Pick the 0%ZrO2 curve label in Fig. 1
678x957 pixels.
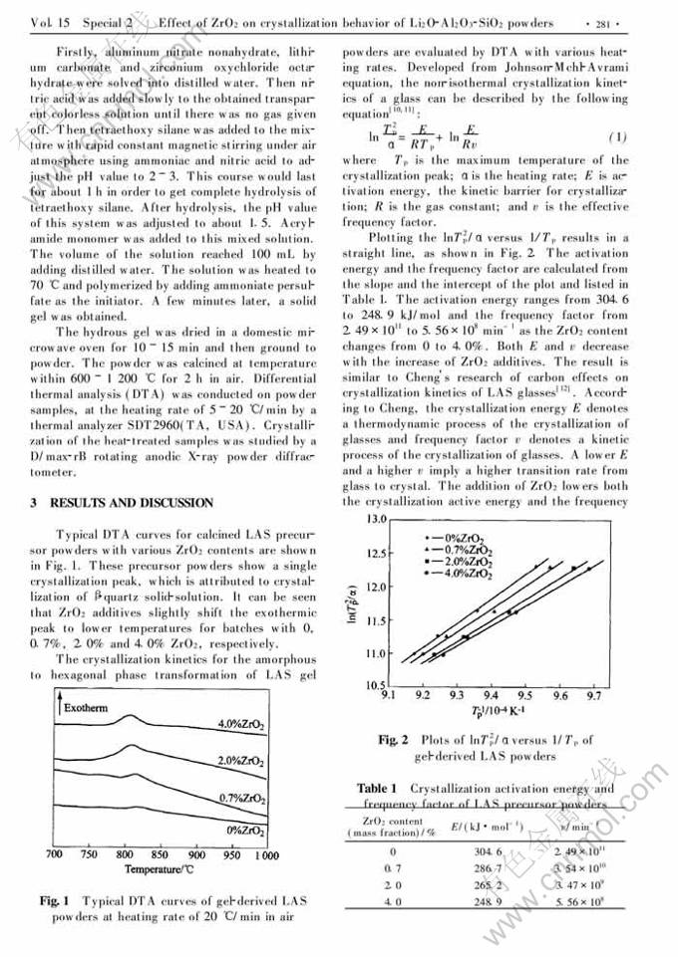pos(246,829)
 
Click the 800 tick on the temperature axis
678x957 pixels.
pos(126,855)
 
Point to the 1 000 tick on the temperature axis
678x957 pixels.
pos(265,855)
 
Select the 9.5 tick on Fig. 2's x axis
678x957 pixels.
pos(524,696)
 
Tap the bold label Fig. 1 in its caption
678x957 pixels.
pos(52,901)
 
